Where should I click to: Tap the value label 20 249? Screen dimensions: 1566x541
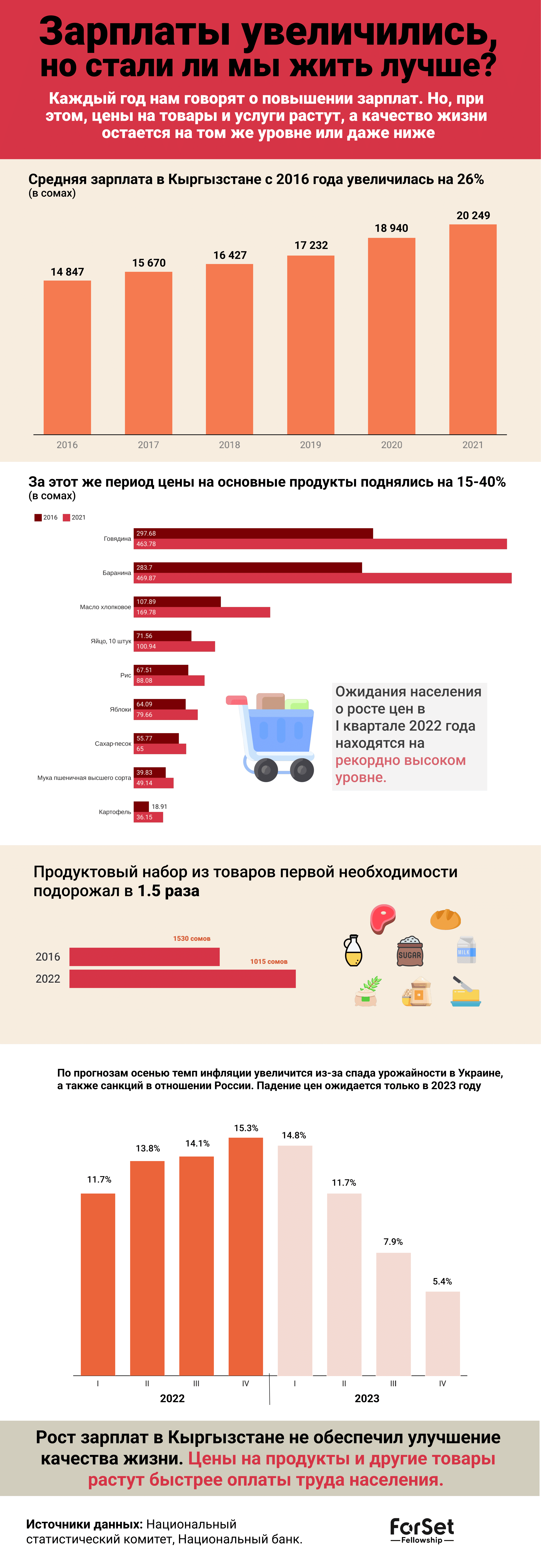[473, 215]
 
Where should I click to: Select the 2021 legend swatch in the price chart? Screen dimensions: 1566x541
[67, 517]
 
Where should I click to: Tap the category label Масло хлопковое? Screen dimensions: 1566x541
[105, 607]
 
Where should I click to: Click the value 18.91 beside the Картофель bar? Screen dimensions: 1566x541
[159, 807]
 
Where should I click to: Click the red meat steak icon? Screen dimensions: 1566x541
[383, 918]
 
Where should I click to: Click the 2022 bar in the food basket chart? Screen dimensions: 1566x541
[182, 979]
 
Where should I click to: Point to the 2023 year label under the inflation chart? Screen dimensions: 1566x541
[367, 1398]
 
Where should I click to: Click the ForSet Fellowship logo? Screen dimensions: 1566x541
[422, 1530]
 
